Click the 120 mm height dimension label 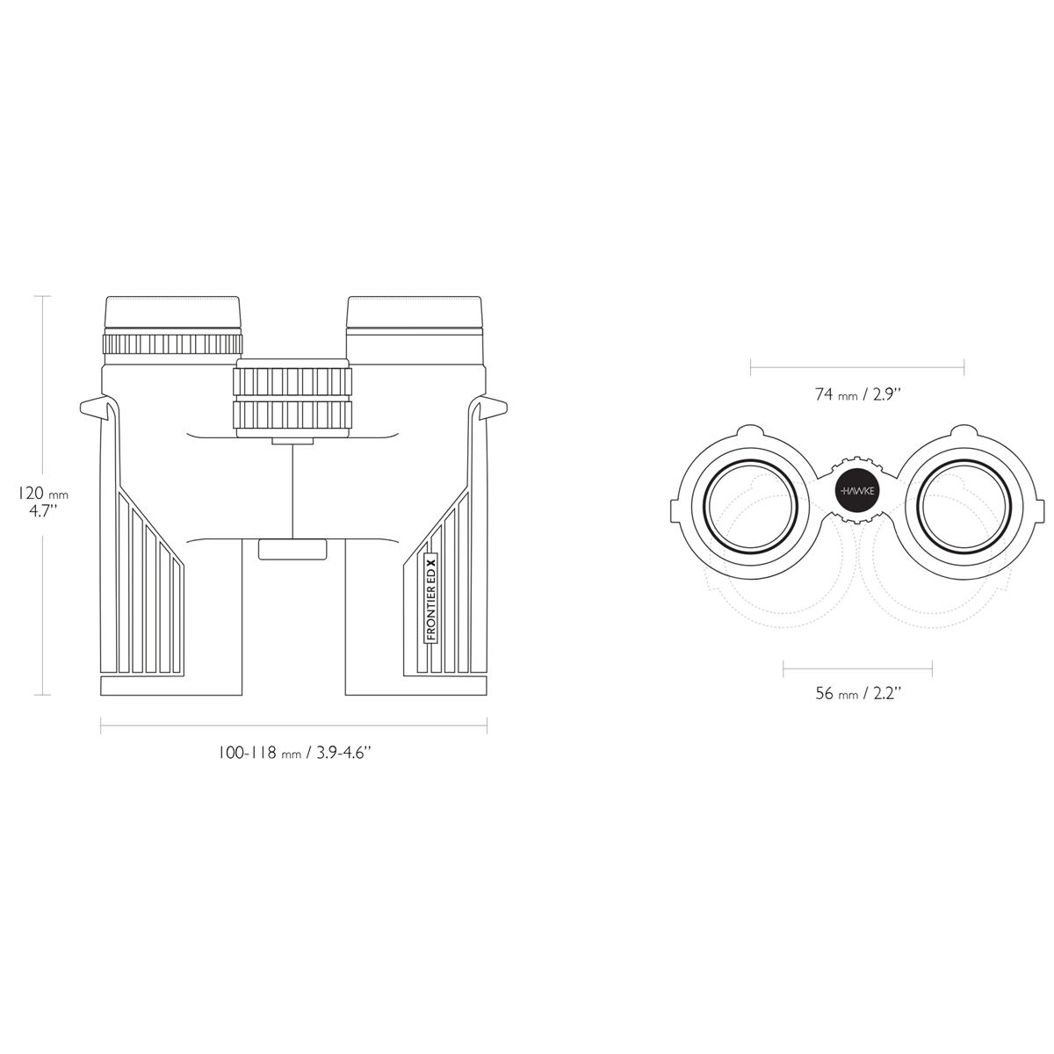(x=43, y=501)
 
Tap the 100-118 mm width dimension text (x=295, y=753)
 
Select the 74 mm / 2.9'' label (x=857, y=394)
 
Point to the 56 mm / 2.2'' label (x=857, y=694)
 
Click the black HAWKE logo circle (x=857, y=491)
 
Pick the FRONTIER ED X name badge (x=431, y=598)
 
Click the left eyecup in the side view (x=173, y=313)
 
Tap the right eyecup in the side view (x=415, y=313)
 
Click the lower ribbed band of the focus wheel (x=292, y=415)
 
